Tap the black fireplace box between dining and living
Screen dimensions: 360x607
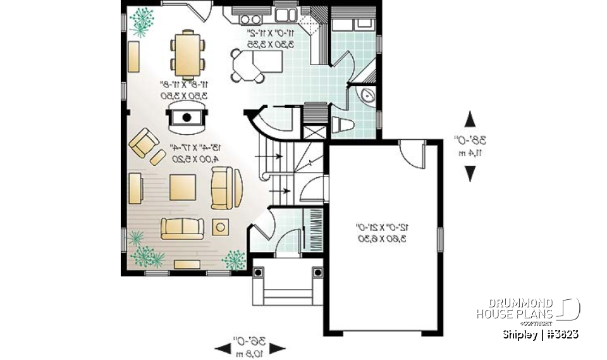pos(187,117)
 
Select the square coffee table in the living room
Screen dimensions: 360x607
pos(182,187)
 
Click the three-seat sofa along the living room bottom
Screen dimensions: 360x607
pos(181,227)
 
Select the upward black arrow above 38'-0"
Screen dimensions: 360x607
pos(470,120)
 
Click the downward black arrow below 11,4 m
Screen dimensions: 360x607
pos(470,173)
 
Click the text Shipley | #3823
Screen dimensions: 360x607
pos(540,333)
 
